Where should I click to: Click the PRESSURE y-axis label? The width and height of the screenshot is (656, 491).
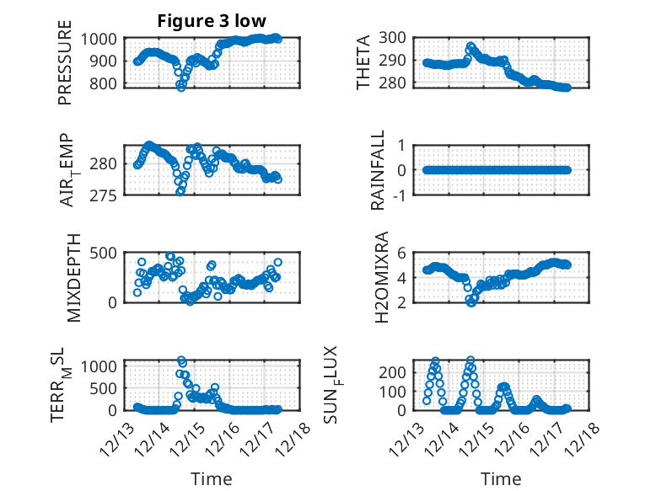65,70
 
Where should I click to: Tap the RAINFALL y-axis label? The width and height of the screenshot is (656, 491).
379,169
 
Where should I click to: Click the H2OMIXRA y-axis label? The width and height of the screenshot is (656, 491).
380,277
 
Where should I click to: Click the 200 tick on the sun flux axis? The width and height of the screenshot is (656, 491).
398,371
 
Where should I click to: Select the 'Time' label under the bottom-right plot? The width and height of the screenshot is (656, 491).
501,479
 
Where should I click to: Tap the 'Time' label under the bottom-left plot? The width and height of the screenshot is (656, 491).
211,479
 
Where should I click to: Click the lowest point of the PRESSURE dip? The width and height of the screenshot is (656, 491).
180,86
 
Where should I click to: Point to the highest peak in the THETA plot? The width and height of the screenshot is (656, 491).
470,46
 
